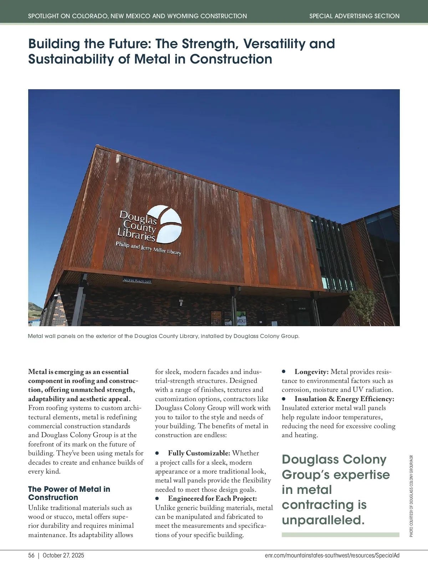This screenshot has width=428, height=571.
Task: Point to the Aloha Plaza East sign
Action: pyautogui.click(x=137, y=281)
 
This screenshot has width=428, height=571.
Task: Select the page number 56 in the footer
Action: pyautogui.click(x=31, y=555)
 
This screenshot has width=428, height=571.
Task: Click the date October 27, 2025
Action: pyautogui.click(x=63, y=555)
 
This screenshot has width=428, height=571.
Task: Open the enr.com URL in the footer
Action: pyautogui.click(x=332, y=555)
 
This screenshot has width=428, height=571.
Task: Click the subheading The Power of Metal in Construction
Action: pyautogui.click(x=69, y=493)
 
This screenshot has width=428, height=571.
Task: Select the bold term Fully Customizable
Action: pyautogui.click(x=199, y=453)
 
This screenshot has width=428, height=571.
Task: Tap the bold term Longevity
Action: pyautogui.click(x=311, y=372)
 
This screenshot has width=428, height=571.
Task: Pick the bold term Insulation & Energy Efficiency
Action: pyautogui.click(x=344, y=399)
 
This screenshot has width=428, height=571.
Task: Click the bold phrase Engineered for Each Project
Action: pyautogui.click(x=212, y=498)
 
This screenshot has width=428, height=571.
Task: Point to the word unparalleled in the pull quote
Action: pyautogui.click(x=323, y=520)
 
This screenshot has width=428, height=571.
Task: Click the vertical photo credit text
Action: pyautogui.click(x=411, y=496)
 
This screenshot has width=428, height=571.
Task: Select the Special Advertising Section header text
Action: pyautogui.click(x=354, y=16)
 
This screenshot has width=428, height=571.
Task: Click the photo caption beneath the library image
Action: pyautogui.click(x=164, y=336)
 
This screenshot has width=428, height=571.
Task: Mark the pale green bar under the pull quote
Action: pyautogui.click(x=340, y=535)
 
